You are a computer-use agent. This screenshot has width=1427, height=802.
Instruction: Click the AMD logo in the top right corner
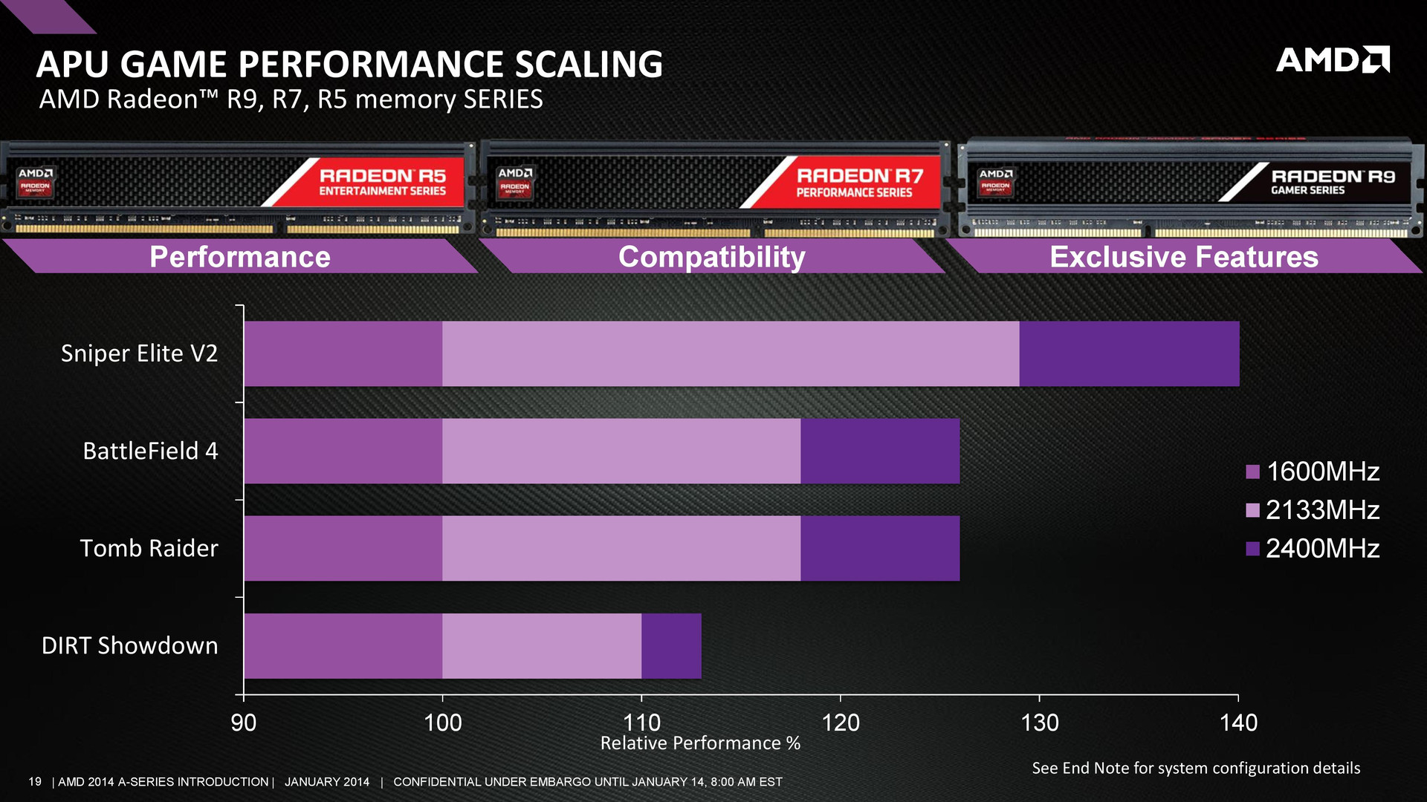tap(1332, 59)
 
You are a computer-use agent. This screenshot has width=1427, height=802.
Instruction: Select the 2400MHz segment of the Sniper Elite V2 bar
tap(1129, 353)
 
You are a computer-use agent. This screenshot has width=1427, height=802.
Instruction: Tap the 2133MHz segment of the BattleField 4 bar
tap(621, 451)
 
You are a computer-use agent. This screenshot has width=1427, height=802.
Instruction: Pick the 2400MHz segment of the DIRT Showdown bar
tap(671, 645)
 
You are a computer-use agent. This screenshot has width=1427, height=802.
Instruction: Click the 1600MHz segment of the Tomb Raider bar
tap(343, 548)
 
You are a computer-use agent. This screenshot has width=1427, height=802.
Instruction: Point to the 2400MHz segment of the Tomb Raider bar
tap(880, 548)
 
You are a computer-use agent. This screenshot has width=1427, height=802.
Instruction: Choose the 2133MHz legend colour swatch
tap(1252, 510)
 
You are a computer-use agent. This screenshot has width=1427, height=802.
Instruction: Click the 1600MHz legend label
tap(1323, 472)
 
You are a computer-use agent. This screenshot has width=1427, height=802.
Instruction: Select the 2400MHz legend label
tap(1323, 549)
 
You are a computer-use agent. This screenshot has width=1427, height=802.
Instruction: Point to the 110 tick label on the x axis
tap(641, 723)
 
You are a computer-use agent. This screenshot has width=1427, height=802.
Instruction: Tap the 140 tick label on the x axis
tap(1238, 723)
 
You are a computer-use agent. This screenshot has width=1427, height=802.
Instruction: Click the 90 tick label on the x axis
tap(244, 723)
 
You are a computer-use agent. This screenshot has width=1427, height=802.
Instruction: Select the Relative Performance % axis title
tap(700, 743)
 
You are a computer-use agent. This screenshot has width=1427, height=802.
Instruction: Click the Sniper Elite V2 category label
tap(140, 353)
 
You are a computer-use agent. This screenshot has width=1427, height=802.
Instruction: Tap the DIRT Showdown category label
tap(130, 645)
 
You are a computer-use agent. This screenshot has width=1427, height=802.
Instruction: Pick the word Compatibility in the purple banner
tap(712, 257)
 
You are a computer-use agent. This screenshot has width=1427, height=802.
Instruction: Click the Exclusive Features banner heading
tap(1184, 257)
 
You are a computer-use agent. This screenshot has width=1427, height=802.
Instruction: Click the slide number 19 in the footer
tap(35, 782)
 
